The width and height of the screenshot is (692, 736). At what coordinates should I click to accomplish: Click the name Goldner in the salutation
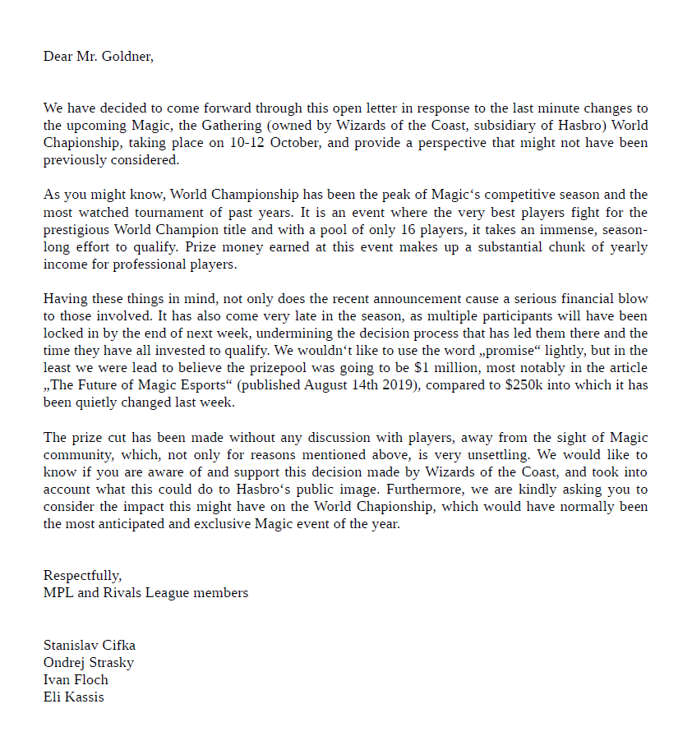point(126,57)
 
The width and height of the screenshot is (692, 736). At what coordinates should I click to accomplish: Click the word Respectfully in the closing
point(81,575)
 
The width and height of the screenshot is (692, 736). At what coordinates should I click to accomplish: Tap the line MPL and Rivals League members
point(145,591)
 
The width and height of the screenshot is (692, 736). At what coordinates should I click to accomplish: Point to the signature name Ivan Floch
point(76,679)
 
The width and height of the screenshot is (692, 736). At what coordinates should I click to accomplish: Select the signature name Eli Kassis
point(74,697)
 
